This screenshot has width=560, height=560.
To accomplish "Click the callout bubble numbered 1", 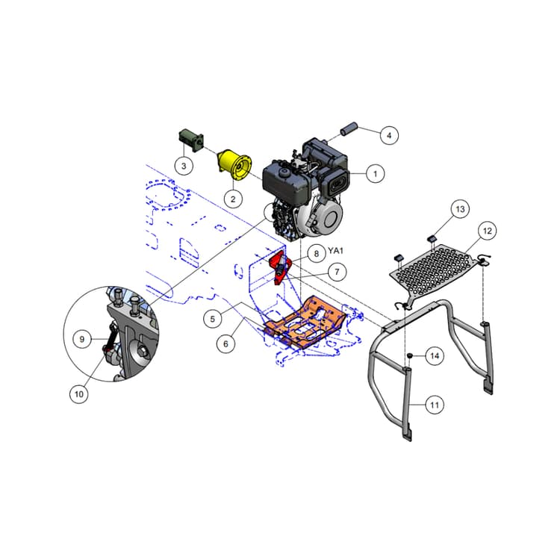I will (x=376, y=172).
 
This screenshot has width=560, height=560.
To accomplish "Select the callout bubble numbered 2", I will (x=233, y=199).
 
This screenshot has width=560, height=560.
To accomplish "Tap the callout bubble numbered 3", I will (x=184, y=164).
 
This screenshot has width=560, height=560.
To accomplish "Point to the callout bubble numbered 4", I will (x=388, y=135).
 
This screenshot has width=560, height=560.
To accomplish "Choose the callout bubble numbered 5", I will (x=213, y=319).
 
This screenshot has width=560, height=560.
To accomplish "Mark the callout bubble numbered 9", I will (x=83, y=338).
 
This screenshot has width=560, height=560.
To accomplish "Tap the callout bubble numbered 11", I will (x=435, y=405).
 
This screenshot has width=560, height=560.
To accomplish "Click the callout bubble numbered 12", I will (x=487, y=231).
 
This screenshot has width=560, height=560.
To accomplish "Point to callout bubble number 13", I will (x=460, y=209).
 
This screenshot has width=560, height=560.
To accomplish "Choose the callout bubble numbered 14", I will (x=434, y=356).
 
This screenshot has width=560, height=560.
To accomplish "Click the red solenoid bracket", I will (x=279, y=267).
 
